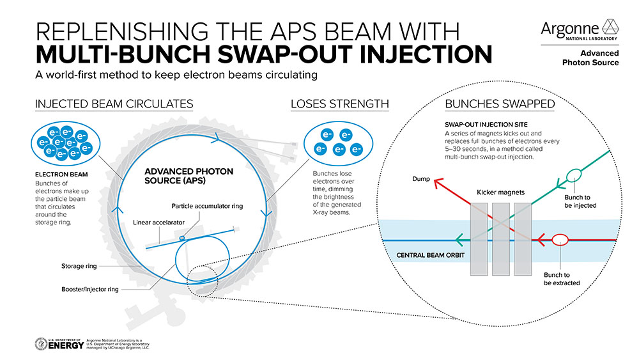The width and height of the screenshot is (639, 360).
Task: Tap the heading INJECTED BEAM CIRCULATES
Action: [x=114, y=104]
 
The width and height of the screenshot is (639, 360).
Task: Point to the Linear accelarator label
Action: [x=161, y=223]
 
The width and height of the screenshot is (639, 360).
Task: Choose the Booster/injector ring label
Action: [x=89, y=289]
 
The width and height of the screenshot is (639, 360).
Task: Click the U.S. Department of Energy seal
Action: [x=43, y=344]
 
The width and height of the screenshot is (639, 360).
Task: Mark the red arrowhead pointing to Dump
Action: [x=438, y=184]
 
